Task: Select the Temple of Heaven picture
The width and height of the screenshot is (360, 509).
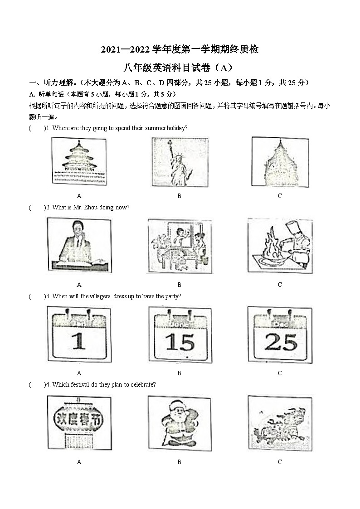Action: [x=79, y=161]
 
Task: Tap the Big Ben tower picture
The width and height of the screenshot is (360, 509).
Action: [x=280, y=162]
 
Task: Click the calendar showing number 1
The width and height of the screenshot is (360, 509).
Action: [x=79, y=334]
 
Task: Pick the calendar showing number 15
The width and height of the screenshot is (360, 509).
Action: [x=180, y=335]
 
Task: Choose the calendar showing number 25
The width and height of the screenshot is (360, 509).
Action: [x=280, y=335]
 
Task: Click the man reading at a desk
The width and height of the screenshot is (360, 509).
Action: [x=79, y=246]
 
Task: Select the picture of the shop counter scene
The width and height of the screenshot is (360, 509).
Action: [x=179, y=247]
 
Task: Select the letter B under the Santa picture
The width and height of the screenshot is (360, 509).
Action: [x=179, y=462]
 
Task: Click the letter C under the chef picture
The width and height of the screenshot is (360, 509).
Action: [x=280, y=285]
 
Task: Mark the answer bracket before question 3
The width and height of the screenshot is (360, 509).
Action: [x=37, y=296]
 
